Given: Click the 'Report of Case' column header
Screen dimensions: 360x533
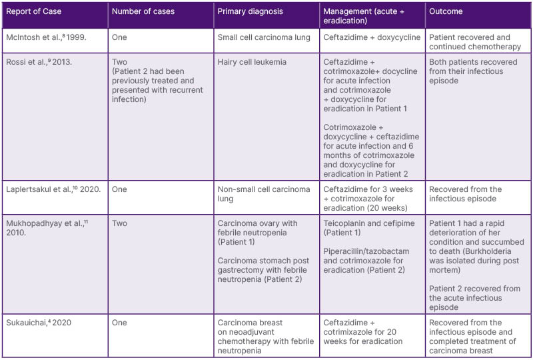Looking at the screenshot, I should coord(33,11).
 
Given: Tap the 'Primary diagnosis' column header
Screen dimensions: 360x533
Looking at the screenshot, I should coord(250,11).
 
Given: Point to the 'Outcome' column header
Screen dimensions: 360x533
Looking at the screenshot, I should coord(446,11).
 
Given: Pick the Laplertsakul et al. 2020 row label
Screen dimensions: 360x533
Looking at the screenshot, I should coord(53,189).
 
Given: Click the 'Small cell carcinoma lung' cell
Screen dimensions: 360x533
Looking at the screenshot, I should coord(264,37).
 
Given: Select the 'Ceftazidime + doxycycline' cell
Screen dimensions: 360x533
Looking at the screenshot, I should coord(372,37).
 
